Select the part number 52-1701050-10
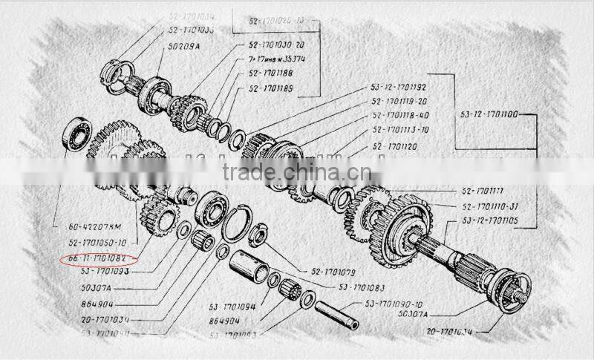(x=97, y=243)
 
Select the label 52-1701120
(x=394, y=148)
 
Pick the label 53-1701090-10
(x=394, y=304)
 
